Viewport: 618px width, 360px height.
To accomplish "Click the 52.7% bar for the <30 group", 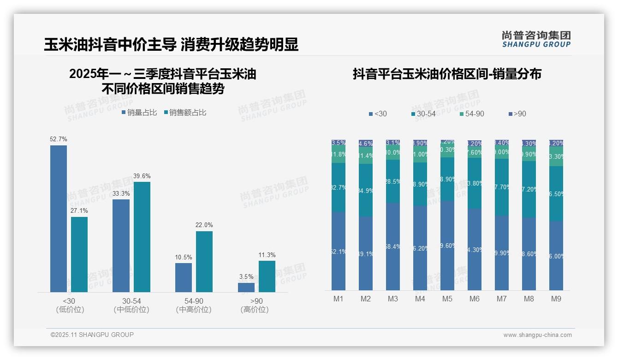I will click(59, 219).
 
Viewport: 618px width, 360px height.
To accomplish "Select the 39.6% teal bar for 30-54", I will click(142, 237).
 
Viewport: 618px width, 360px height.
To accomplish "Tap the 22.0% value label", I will click(204, 225).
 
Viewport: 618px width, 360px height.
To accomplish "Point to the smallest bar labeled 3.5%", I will click(246, 288).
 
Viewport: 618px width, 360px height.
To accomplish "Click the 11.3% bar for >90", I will click(267, 276).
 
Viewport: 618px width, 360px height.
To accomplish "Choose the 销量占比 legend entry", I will click(139, 113).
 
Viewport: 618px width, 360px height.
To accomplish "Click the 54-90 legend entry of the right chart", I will click(472, 114).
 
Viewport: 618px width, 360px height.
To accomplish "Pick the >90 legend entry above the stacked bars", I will click(517, 114).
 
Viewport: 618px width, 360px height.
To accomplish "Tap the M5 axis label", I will click(447, 299).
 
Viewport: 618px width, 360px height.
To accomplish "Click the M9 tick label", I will click(556, 299).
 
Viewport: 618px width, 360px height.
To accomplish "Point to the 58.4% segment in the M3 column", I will click(393, 246).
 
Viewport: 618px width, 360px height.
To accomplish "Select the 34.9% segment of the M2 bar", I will click(366, 190).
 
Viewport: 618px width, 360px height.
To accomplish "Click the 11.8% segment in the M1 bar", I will click(339, 155).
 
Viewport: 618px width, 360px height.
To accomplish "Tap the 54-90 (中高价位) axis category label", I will click(194, 306).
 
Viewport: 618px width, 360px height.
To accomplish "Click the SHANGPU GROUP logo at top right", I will click(536, 39).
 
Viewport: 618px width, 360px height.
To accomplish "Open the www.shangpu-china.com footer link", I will click(537, 335).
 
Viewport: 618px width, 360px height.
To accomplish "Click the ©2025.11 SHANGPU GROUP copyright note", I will click(92, 335).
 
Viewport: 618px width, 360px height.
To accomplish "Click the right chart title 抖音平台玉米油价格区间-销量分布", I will click(447, 74).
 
